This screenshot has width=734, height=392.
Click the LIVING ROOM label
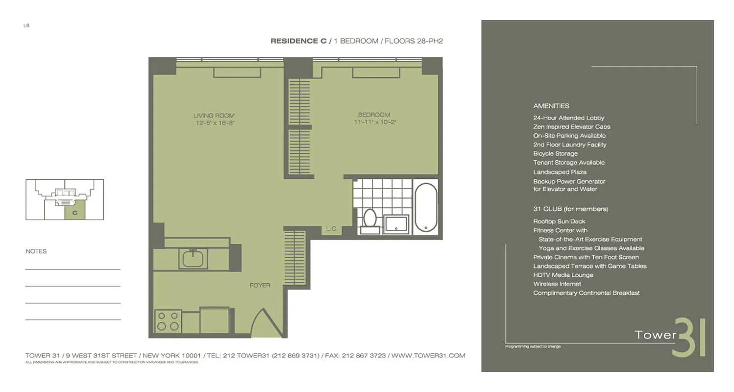click(x=214, y=116)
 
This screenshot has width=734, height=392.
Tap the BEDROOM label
click(x=374, y=115)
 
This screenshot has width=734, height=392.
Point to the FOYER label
click(x=260, y=285)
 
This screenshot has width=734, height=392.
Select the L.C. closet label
click(x=331, y=229)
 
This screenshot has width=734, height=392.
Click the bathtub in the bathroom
click(x=425, y=208)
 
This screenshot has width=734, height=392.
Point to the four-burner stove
click(x=168, y=321)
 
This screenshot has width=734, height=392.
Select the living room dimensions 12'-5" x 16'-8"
click(x=214, y=123)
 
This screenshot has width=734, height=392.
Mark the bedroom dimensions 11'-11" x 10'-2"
click(x=374, y=122)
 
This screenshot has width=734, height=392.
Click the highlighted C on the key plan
click(x=75, y=213)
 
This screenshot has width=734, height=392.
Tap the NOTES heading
click(x=36, y=251)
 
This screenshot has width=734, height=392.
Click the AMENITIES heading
click(x=551, y=106)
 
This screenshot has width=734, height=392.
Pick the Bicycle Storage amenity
click(x=555, y=153)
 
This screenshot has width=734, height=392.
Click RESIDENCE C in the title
click(x=298, y=41)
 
